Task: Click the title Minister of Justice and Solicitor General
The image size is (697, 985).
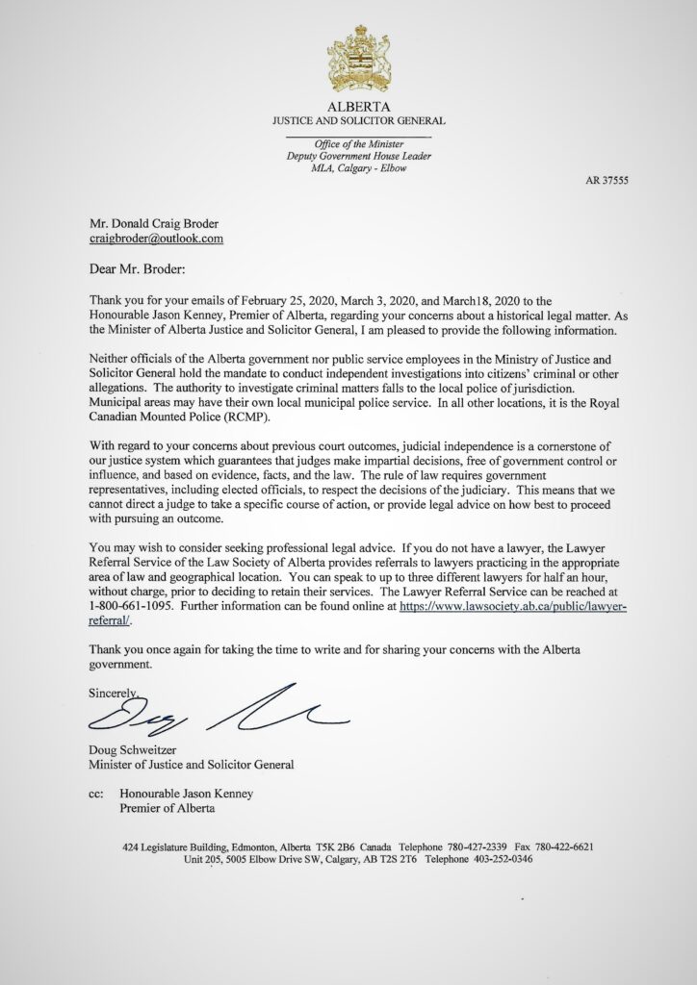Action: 191,766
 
